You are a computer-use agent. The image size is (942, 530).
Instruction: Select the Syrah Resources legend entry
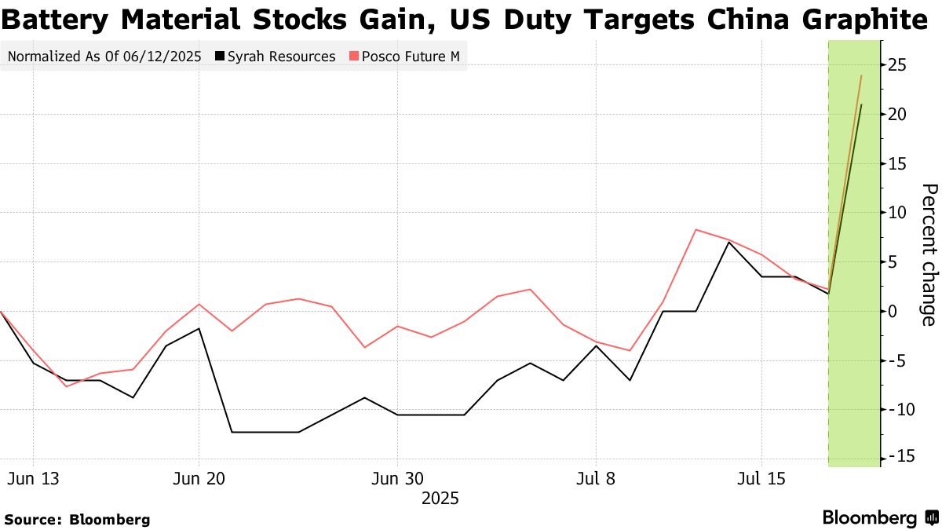(282, 57)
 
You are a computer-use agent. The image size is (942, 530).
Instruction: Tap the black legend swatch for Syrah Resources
(221, 57)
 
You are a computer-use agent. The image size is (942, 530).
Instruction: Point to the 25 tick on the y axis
(897, 64)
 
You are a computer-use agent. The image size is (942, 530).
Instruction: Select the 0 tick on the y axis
(893, 311)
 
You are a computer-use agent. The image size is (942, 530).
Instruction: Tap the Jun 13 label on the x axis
(33, 478)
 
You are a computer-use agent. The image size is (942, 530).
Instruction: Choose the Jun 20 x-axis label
(199, 478)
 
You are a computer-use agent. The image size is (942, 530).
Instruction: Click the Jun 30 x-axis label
(397, 478)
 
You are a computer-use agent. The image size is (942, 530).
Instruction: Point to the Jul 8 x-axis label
(597, 478)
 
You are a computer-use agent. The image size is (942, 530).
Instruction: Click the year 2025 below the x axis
(440, 498)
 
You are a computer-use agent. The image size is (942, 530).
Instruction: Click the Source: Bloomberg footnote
(77, 519)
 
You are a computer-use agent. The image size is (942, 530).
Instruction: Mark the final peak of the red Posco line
(861, 75)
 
